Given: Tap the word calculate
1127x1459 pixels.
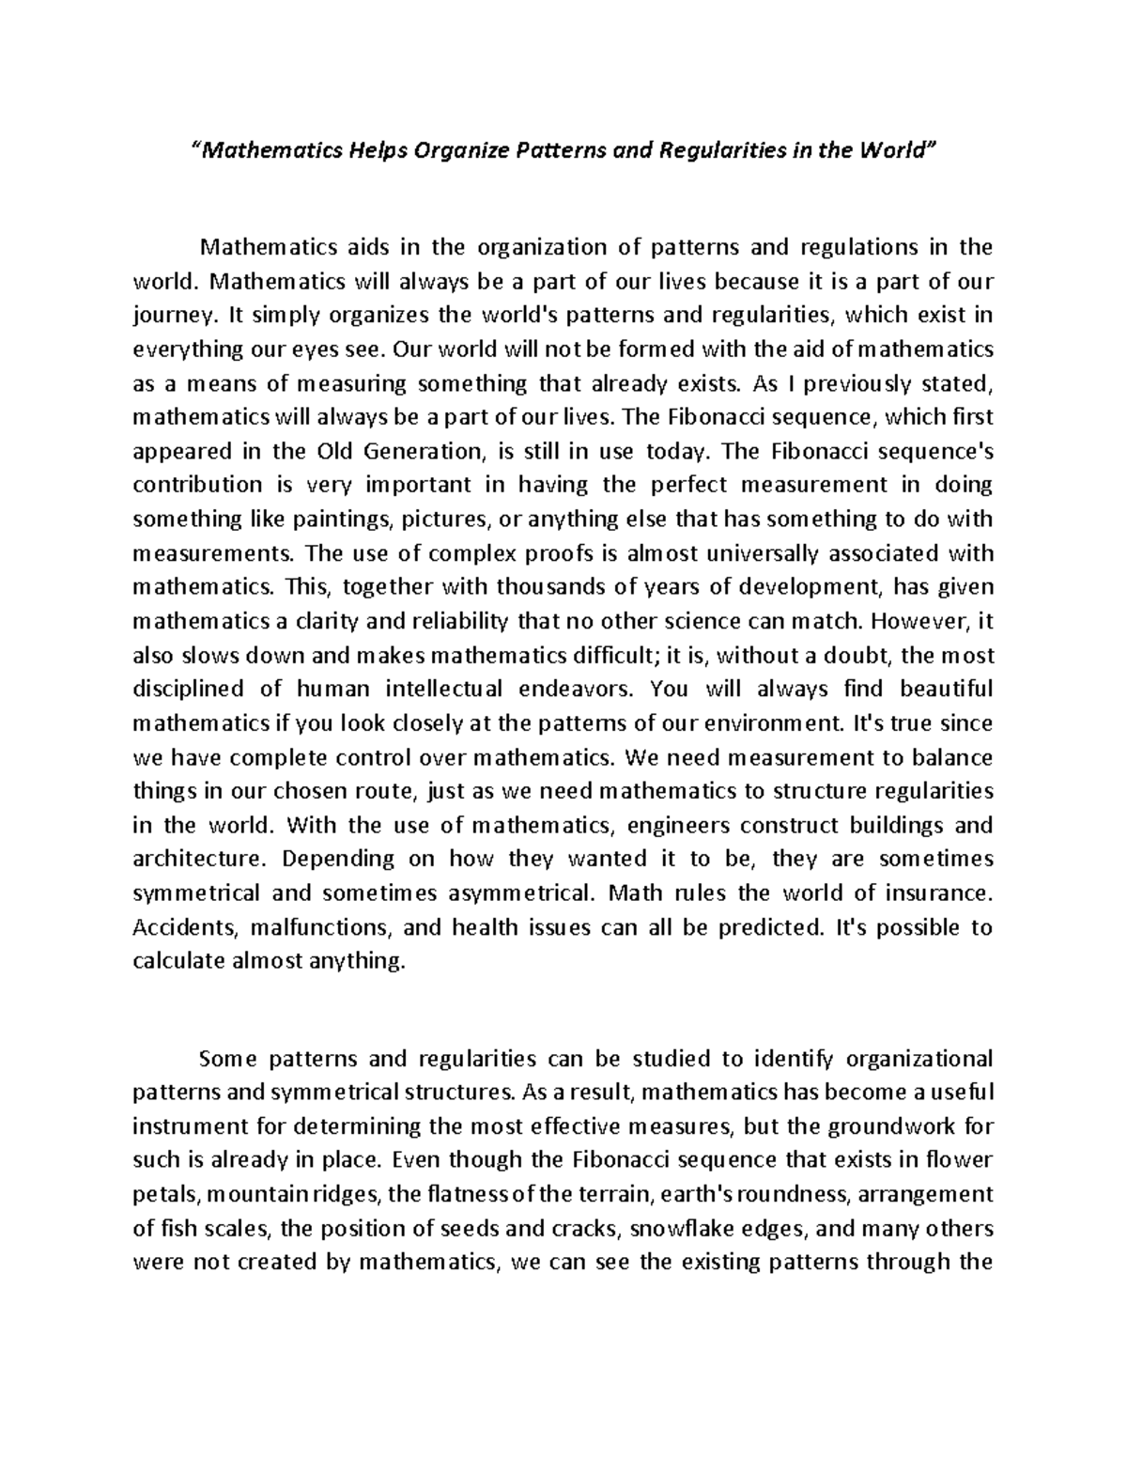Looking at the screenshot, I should (x=178, y=961).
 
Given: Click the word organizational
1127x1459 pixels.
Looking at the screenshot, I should (x=919, y=1060).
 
